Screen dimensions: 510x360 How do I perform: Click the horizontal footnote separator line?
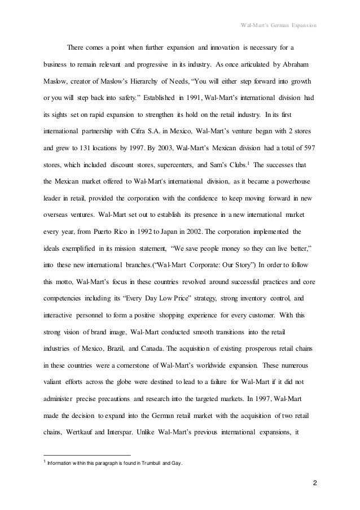click(87, 455)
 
